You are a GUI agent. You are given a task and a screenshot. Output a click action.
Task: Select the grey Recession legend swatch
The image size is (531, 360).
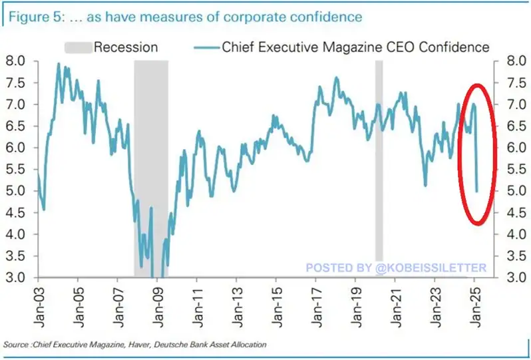click(77, 47)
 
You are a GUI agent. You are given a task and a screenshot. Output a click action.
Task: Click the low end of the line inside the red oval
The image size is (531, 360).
click(477, 191)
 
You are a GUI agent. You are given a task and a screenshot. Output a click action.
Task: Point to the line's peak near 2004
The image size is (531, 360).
click(59, 64)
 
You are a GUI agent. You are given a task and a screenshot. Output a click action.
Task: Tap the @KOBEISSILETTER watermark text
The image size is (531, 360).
click(396, 268)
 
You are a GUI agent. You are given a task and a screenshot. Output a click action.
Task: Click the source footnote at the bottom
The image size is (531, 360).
click(135, 344)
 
